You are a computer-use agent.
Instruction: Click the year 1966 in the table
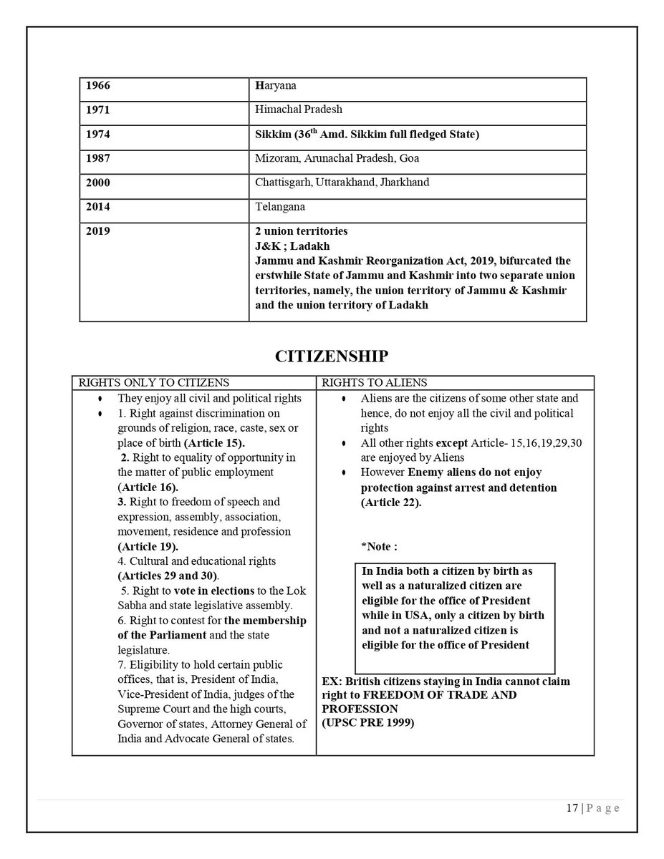[x=97, y=86]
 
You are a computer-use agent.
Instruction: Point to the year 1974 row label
[x=97, y=134]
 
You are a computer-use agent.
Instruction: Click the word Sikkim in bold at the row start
[x=271, y=134]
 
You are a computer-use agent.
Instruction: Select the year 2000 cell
[x=97, y=183]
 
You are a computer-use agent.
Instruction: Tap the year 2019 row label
[x=97, y=231]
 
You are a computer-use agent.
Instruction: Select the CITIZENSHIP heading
[x=332, y=356]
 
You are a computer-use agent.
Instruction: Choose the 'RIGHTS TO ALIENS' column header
[x=368, y=383]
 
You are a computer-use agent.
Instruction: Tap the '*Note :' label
[x=380, y=546]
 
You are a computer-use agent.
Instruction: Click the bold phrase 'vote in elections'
[x=216, y=591]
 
